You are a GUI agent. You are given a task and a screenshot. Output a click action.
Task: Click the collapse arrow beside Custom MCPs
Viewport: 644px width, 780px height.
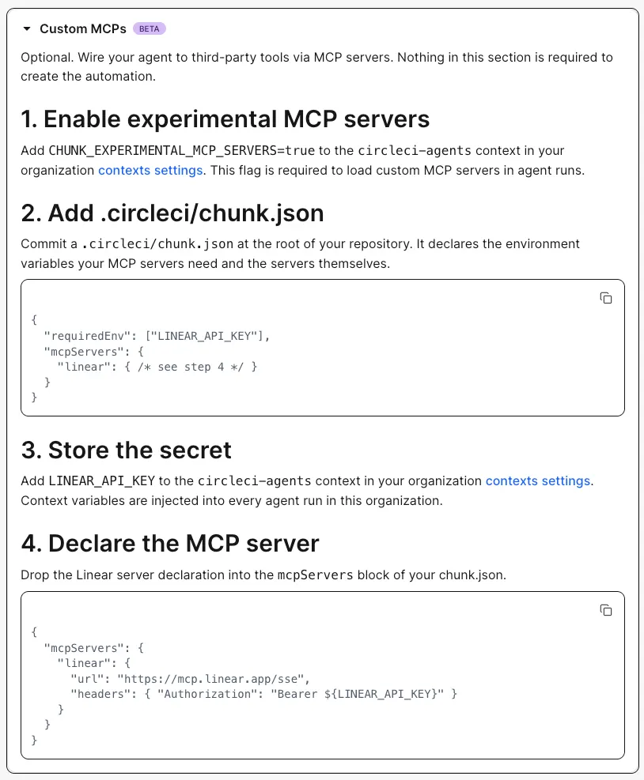(x=27, y=29)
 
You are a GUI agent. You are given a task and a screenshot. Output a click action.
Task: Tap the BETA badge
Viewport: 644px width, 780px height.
(x=150, y=29)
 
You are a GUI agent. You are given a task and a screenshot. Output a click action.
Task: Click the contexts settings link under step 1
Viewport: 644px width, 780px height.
(x=150, y=170)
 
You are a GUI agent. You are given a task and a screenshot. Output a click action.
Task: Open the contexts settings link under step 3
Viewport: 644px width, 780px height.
(x=538, y=481)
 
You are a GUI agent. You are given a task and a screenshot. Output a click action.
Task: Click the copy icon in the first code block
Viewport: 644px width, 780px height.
(x=606, y=298)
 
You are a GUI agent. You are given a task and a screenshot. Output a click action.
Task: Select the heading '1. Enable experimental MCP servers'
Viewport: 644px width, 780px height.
(x=225, y=119)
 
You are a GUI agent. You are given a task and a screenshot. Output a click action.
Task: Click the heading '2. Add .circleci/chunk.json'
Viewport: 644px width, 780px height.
(x=172, y=213)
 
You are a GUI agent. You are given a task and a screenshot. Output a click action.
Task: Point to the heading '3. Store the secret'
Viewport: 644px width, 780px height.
(x=127, y=450)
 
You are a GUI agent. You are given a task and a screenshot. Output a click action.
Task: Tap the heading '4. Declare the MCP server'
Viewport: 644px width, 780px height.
(x=170, y=543)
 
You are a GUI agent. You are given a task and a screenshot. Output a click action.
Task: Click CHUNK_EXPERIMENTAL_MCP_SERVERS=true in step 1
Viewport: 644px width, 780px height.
(x=182, y=151)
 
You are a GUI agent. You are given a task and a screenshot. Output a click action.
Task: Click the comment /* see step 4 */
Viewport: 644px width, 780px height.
(x=191, y=367)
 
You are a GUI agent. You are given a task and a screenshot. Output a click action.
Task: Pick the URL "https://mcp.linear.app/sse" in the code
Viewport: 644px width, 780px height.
(x=210, y=679)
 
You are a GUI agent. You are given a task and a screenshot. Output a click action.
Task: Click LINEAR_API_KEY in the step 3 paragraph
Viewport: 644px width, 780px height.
(x=101, y=481)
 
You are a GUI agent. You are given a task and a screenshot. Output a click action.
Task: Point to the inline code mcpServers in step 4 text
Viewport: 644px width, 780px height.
(x=316, y=575)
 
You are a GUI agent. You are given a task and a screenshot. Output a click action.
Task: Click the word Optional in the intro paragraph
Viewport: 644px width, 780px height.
(x=47, y=58)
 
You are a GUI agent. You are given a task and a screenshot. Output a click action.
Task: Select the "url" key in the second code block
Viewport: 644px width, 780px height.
(x=87, y=679)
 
